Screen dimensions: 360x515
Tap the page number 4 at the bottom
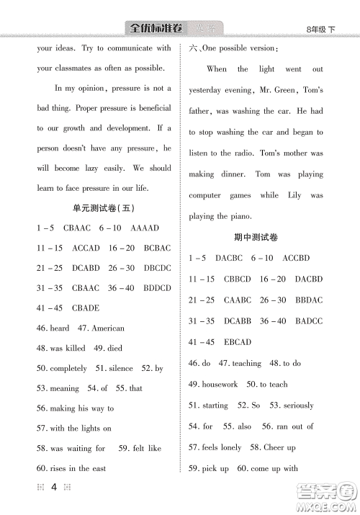click(54, 488)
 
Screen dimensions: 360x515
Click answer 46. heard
click(53, 328)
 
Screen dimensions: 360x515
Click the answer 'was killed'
click(67, 348)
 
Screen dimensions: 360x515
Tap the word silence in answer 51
click(118, 368)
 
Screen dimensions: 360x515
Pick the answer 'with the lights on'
click(79, 429)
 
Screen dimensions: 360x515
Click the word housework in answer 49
click(220, 384)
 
